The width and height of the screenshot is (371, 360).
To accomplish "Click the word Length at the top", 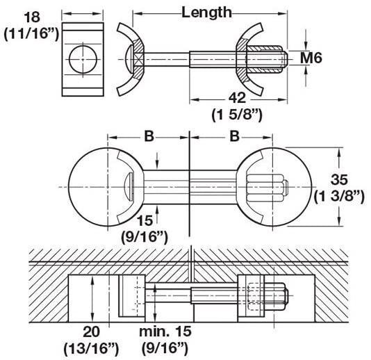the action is [206, 13].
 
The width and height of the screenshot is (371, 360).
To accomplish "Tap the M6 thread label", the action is [311, 58].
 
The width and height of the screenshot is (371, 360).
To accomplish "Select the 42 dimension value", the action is [238, 98].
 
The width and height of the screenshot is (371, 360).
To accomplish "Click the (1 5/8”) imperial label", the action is [237, 115].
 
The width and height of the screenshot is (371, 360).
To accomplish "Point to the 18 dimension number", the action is [32, 17].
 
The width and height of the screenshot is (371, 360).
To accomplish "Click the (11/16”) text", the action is [31, 33].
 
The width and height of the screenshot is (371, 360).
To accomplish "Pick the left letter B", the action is [149, 136].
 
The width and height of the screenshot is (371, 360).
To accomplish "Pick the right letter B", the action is [234, 136].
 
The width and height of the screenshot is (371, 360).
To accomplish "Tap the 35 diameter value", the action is [339, 179].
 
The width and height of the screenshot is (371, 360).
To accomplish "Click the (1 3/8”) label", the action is [339, 196].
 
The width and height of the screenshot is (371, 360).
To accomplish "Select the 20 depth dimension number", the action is [91, 332].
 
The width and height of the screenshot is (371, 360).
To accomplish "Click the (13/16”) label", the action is [91, 348].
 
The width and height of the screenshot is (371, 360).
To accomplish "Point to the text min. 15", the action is [165, 332].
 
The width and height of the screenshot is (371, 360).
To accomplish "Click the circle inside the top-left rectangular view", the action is [83, 59].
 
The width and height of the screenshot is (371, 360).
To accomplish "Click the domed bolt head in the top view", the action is [129, 59].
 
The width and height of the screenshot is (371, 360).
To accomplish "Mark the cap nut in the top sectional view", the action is [265, 59].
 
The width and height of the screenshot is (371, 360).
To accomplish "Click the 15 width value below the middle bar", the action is [145, 220].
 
